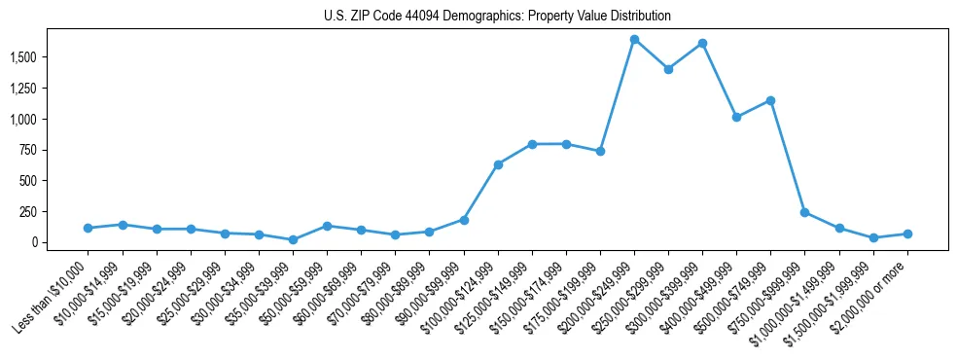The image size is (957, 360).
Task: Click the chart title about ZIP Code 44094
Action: point(497,17)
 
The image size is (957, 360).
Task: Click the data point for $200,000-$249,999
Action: point(634,40)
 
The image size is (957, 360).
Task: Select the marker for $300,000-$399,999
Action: point(702,44)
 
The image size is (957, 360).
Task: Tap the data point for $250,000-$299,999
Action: point(668,69)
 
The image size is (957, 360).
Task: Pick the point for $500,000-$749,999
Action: point(770,100)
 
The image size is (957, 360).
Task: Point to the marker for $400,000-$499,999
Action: point(736,117)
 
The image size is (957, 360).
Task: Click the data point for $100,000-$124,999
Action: point(498,164)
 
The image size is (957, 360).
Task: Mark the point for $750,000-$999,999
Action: point(804,212)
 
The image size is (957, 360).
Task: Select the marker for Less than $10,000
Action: point(89,228)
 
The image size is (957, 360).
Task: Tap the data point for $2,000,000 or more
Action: point(907,234)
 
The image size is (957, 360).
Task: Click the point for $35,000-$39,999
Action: point(293,239)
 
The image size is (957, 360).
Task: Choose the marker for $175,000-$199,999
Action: point(600,151)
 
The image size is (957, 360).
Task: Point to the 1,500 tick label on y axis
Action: point(51,57)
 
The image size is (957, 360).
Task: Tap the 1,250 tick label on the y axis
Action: point(51,89)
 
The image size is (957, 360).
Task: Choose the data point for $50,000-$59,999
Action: point(327,226)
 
